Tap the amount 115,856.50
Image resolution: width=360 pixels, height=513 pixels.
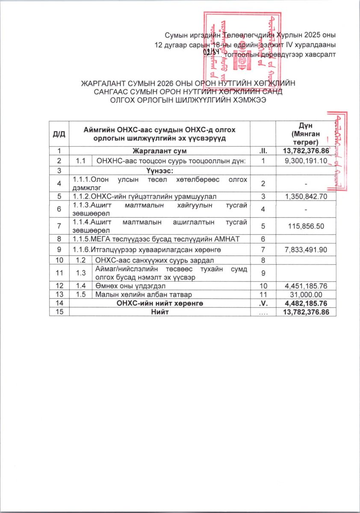[x=311, y=225]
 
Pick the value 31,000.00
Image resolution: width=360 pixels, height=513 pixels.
[x=314, y=295]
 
